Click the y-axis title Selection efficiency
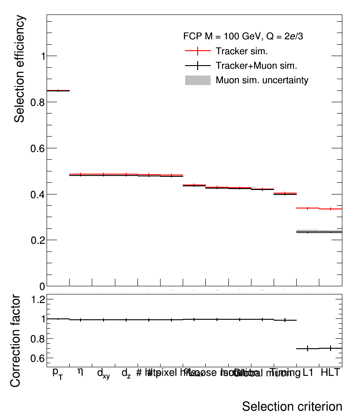coord(19,69)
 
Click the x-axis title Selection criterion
coord(292,406)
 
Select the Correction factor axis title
coord(15,340)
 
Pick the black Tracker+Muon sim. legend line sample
coord(198,66)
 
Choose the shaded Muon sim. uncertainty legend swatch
coord(198,81)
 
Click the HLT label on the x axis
coord(330,373)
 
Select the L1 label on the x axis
coord(308,373)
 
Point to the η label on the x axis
coord(81,372)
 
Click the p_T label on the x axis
coord(57,373)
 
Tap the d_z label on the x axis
coord(126,374)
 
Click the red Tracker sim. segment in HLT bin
coord(331,209)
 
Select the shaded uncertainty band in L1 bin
coord(308,232)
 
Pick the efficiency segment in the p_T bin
coord(58,91)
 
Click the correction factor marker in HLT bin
coord(331,348)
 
